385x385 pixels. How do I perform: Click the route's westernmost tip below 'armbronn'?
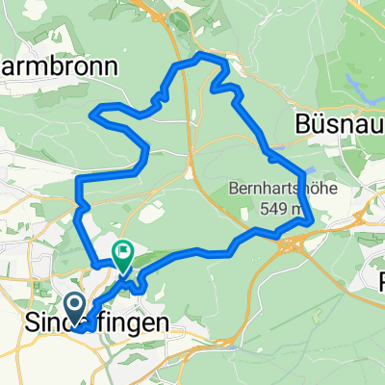click(x=91, y=115)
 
